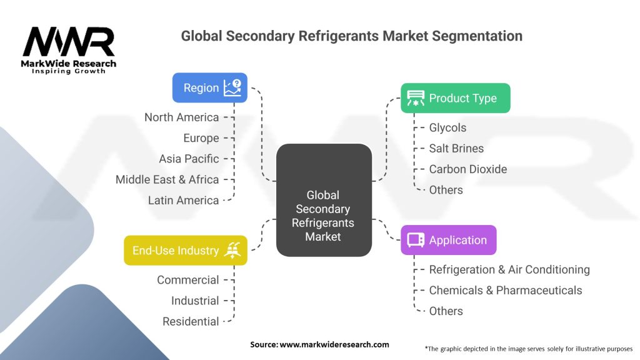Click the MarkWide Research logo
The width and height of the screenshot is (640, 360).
[69, 49]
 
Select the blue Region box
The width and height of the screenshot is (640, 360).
[209, 88]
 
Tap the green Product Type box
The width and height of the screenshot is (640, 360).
[455, 98]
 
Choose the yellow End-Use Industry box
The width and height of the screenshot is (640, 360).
[186, 251]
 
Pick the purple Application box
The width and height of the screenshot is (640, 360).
[448, 240]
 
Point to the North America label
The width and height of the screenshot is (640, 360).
[181, 117]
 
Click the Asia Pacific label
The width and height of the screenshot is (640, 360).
[189, 159]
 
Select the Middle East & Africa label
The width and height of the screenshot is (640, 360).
[167, 179]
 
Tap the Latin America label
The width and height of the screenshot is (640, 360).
[183, 201]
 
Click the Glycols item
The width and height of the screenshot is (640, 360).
[447, 127]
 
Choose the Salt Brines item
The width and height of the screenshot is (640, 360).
[456, 148]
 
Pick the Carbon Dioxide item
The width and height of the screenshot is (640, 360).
[467, 169]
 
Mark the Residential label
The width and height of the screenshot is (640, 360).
[191, 322]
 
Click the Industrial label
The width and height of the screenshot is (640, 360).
[195, 301]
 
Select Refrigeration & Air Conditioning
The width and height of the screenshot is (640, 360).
[509, 269]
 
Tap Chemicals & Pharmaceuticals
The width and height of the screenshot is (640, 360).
[505, 291]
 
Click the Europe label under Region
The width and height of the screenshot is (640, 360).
[201, 138]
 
